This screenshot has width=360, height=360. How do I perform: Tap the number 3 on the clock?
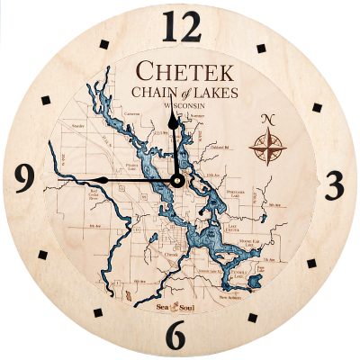pyautogui.click(x=335, y=184)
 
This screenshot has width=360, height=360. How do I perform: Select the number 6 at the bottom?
pyautogui.click(x=177, y=335)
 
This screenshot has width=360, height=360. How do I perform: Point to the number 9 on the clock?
pyautogui.click(x=25, y=175)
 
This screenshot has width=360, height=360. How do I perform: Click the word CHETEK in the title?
pyautogui.click(x=184, y=71)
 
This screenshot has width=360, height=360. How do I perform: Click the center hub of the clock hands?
pyautogui.click(x=177, y=180)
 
